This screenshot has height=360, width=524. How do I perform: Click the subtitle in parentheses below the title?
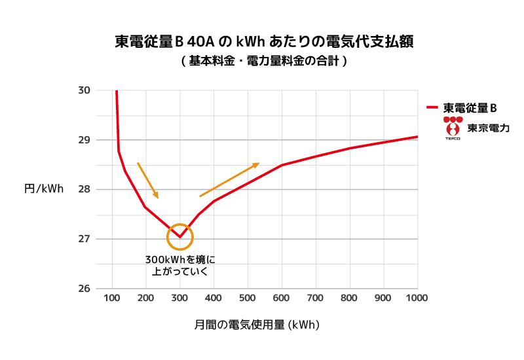click(263, 61)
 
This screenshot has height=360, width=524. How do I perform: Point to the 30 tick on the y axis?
click(84, 90)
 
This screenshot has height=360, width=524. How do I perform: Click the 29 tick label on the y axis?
click(84, 140)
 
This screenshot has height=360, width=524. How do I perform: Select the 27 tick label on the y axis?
click(84, 239)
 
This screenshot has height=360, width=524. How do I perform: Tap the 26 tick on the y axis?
click(84, 289)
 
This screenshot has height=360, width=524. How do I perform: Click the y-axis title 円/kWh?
click(44, 189)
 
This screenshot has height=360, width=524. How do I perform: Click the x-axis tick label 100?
click(112, 298)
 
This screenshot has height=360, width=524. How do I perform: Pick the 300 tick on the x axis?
click(180, 298)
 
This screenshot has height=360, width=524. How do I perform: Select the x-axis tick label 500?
click(248, 298)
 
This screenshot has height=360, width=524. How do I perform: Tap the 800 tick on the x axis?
click(350, 298)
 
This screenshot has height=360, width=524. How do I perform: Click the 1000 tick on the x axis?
click(417, 298)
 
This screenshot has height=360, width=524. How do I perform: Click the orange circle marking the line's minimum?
click(180, 236)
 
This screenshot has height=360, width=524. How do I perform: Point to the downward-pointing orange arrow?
click(147, 180)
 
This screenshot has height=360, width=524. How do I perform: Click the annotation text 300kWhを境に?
click(180, 259)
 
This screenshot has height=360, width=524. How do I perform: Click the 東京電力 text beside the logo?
click(488, 128)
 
